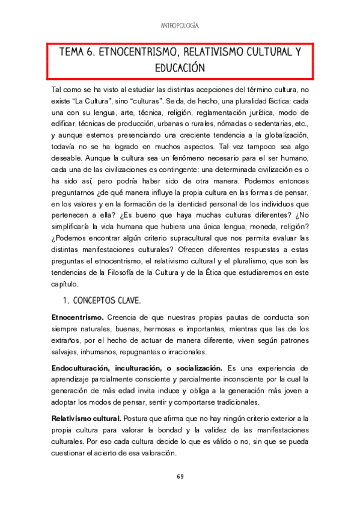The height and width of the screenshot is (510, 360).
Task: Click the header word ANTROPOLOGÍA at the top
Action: [180, 26]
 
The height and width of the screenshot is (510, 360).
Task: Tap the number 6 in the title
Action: [90, 52]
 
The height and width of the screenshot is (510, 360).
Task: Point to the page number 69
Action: [180, 477]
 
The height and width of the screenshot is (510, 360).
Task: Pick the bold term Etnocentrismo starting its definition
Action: [78, 317]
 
